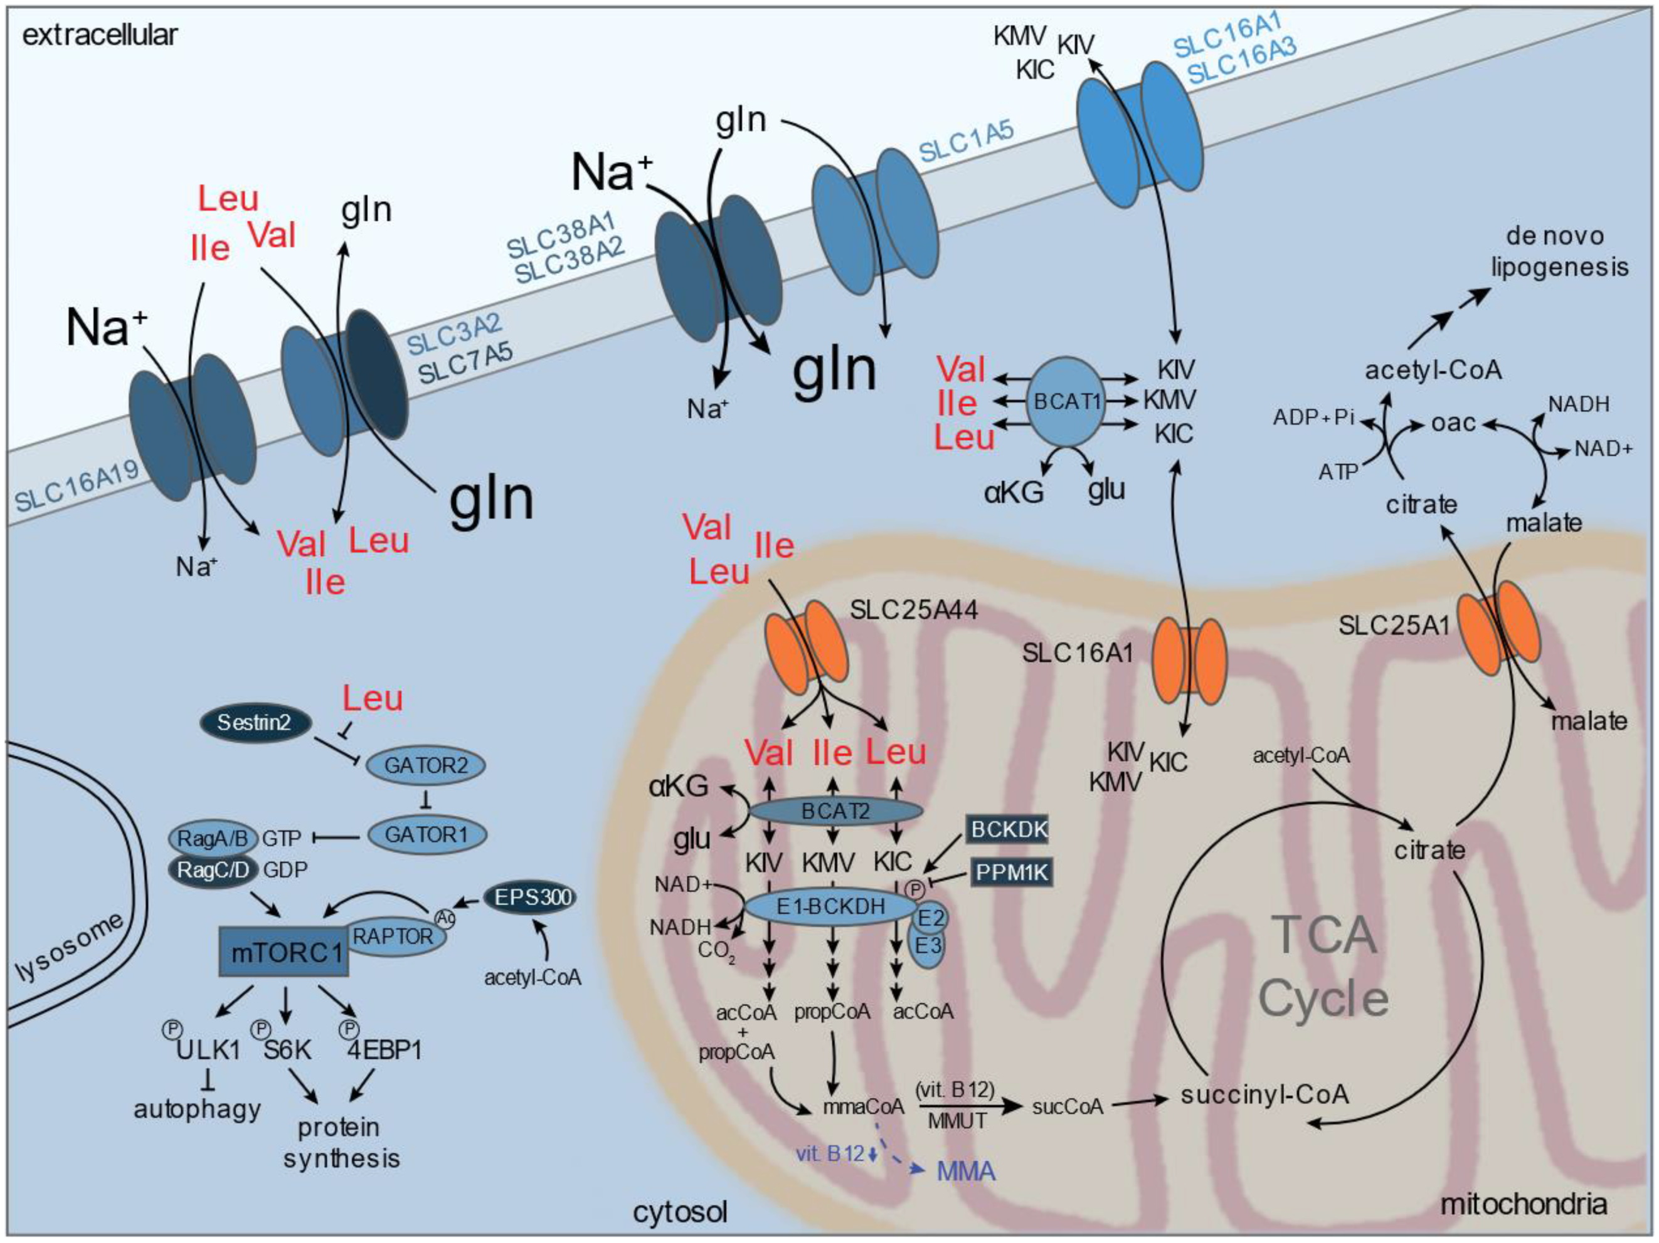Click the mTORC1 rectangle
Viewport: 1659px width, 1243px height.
click(x=284, y=952)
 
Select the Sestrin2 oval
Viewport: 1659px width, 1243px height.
click(x=254, y=723)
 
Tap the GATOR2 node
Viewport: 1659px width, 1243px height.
click(x=425, y=765)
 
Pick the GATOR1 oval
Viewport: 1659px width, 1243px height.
click(x=426, y=834)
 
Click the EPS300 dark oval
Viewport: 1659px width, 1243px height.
click(x=532, y=896)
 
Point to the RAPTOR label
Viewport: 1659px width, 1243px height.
click(x=393, y=936)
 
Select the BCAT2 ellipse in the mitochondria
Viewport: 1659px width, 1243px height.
click(x=835, y=812)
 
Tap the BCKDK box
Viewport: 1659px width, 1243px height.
click(x=1007, y=829)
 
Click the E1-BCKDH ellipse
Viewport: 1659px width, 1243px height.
click(x=830, y=907)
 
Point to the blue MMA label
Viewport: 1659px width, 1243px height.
click(x=966, y=1171)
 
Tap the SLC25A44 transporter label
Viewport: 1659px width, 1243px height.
click(x=913, y=611)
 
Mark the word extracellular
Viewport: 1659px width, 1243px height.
click(x=100, y=35)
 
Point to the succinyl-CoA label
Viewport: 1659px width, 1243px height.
click(x=1264, y=1095)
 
